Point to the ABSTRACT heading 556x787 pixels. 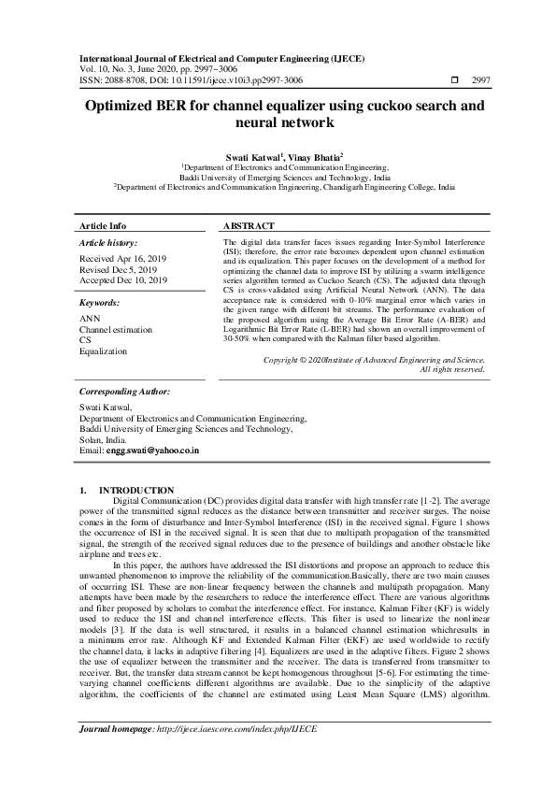coord(249,226)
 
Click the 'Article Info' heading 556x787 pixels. coord(103,226)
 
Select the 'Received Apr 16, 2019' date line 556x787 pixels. coord(122,256)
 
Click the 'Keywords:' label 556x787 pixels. coord(100,304)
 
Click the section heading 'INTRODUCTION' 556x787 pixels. coord(136,490)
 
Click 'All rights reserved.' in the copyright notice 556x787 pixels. coord(451,369)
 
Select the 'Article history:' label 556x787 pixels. coord(112,242)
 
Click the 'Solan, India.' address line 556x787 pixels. coord(103,439)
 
